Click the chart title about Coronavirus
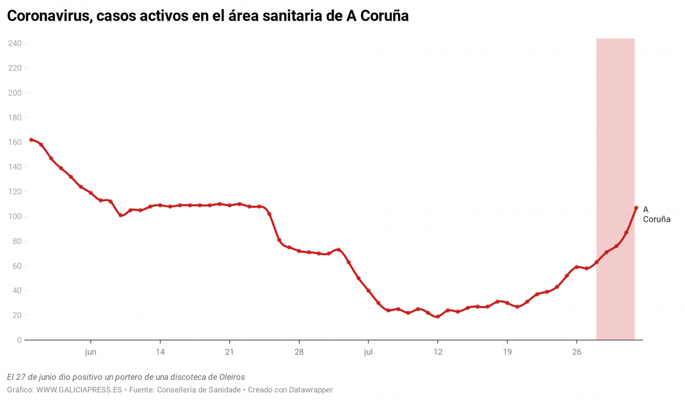click(x=207, y=17)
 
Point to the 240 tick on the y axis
click(x=14, y=43)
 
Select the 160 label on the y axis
click(x=14, y=142)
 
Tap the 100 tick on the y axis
click(x=14, y=216)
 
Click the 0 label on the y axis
click(x=19, y=340)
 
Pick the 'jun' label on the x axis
click(x=90, y=352)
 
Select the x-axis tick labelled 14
click(x=160, y=352)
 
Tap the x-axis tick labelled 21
click(x=229, y=352)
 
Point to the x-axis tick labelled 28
click(x=299, y=352)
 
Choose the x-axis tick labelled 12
click(x=438, y=352)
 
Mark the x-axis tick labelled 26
click(x=576, y=352)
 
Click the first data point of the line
click(x=31, y=139)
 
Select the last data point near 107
click(x=636, y=208)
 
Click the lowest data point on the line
click(x=438, y=316)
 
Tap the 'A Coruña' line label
click(x=656, y=214)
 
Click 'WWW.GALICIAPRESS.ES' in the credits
click(x=79, y=390)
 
